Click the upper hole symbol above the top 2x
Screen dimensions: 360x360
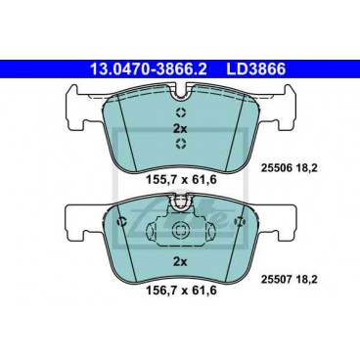pyautogui.click(x=180, y=111)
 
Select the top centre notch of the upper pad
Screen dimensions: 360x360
pyautogui.click(x=180, y=94)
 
